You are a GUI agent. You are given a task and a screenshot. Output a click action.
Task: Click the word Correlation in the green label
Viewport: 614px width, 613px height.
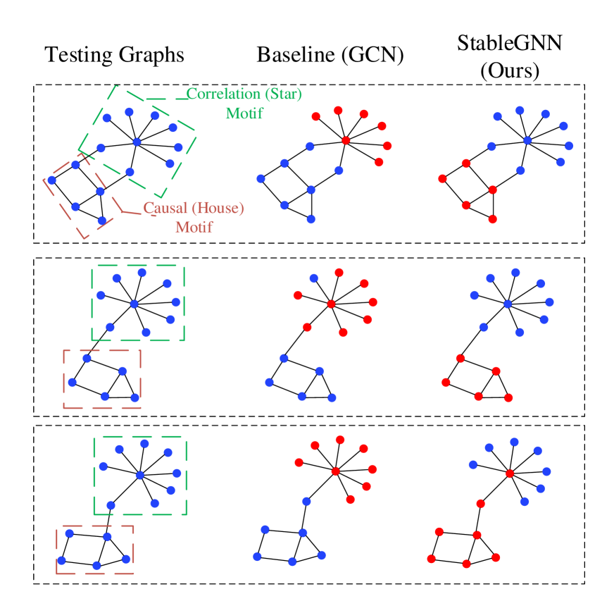[x=223, y=94]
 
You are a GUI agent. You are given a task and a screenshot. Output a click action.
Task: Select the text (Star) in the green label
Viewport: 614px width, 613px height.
[x=282, y=94]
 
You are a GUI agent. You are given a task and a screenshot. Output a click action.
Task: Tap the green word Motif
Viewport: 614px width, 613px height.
[x=244, y=113]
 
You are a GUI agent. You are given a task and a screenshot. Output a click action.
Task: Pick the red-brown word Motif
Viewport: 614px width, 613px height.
[x=194, y=228]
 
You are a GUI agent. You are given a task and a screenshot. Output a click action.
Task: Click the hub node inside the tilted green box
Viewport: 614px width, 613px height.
[x=137, y=142]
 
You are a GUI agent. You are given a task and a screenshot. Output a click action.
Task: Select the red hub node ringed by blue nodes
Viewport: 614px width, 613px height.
[x=510, y=473]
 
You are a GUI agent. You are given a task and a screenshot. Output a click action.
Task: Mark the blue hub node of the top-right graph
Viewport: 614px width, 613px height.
[x=527, y=140]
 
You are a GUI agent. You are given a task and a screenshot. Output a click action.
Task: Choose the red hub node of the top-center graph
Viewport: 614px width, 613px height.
[x=346, y=140]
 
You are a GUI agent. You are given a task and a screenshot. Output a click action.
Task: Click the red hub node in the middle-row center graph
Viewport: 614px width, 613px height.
[x=331, y=304]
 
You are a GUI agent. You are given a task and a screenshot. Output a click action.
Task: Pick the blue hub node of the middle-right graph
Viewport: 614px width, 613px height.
[x=507, y=304]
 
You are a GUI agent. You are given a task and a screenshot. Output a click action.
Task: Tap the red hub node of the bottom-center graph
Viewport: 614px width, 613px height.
[x=335, y=471]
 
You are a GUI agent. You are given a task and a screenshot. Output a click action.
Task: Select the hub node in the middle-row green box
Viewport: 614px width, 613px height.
[x=134, y=304]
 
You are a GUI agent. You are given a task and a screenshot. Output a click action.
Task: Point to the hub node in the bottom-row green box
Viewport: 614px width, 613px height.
[x=139, y=475]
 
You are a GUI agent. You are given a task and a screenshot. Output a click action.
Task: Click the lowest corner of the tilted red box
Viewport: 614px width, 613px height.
[x=86, y=238]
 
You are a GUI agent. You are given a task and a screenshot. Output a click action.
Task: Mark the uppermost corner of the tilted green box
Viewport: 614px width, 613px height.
[x=115, y=86]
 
